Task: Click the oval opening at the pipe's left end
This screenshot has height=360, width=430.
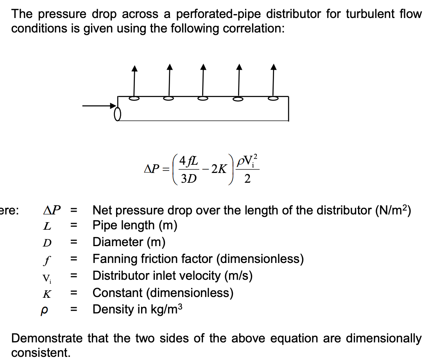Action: click(116, 114)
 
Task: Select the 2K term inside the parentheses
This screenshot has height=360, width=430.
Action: click(218, 169)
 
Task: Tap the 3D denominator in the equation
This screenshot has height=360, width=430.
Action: click(189, 179)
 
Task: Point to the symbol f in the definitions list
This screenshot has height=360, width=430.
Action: click(47, 259)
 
